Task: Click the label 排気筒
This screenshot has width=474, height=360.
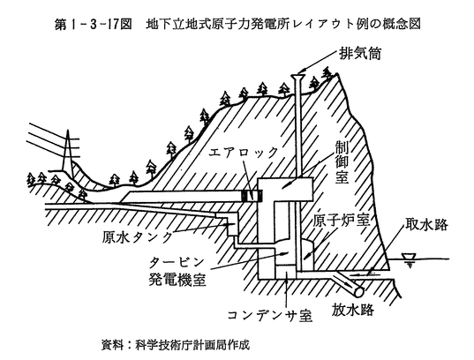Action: click(360, 54)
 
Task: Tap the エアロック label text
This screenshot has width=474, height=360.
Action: click(244, 152)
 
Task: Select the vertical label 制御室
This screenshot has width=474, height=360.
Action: click(342, 163)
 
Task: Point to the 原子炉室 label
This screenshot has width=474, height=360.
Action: click(341, 221)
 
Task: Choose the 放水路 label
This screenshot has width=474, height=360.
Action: click(353, 309)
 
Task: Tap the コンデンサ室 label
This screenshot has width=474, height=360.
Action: click(269, 315)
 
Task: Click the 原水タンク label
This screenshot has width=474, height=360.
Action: click(137, 237)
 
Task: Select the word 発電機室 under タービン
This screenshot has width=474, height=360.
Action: click(177, 280)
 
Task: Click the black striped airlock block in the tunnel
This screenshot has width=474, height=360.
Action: click(252, 196)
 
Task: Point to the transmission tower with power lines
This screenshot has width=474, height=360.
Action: click(68, 154)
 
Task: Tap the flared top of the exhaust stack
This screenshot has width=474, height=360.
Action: click(297, 76)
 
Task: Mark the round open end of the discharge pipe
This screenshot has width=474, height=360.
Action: click(359, 292)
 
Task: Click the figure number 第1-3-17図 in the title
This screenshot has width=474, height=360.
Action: click(93, 25)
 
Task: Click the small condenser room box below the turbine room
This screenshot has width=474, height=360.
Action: click(286, 273)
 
